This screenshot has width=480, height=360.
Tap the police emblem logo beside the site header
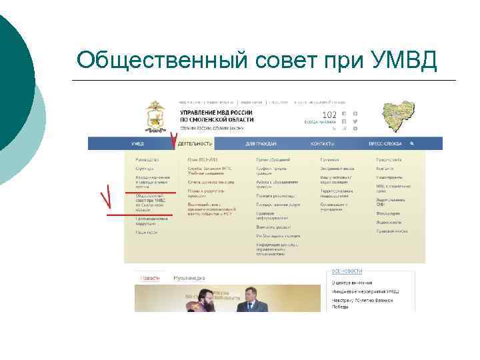157,116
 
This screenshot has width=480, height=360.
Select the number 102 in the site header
311,115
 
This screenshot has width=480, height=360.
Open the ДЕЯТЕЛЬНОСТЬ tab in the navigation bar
195,143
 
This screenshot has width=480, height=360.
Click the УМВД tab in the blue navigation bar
137,143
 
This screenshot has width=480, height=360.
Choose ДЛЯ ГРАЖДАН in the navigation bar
261,143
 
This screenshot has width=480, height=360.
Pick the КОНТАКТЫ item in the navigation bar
322,143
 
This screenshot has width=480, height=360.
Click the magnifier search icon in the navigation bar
413,143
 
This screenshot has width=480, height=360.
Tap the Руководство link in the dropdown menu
147,160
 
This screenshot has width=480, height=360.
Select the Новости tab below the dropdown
150,277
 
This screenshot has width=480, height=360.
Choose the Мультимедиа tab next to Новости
189,277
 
